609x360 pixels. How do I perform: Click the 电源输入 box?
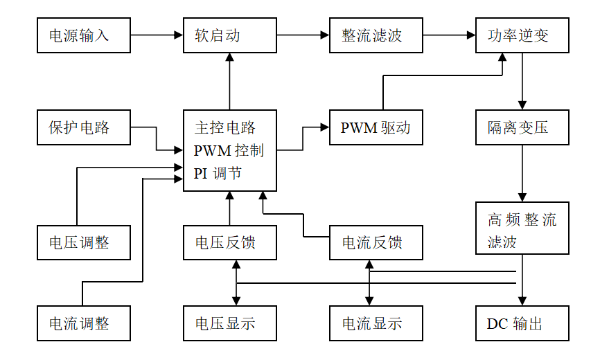[x=83, y=35]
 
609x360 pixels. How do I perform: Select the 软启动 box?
[x=229, y=35]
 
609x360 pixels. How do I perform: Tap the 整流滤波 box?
[x=376, y=35]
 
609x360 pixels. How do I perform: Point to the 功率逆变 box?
[x=522, y=35]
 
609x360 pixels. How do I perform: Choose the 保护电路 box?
[x=83, y=127]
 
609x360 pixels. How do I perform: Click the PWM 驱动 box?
[x=376, y=127]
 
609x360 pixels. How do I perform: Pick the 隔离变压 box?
[x=522, y=127]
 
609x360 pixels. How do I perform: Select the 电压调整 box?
[x=83, y=243]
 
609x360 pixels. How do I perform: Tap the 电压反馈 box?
[x=229, y=243]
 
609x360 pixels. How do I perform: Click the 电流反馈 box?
[x=376, y=243]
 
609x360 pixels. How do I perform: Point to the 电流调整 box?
[x=83, y=323]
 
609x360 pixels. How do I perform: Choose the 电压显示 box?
[x=229, y=323]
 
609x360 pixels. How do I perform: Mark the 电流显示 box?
[x=376, y=323]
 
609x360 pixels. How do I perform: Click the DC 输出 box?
[x=522, y=323]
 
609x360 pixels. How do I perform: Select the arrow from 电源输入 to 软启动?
[x=157, y=34]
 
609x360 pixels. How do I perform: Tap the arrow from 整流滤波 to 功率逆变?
[x=449, y=34]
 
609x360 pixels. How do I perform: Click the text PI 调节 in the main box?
[x=218, y=174]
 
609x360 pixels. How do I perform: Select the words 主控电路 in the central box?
[x=225, y=127]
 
